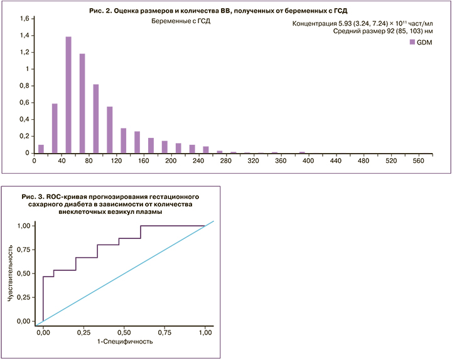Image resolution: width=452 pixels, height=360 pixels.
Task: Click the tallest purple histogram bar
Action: coord(68,94)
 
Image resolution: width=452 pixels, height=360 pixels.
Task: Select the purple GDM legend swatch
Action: coord(412,42)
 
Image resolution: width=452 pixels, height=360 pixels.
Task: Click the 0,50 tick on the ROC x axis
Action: coord(124,331)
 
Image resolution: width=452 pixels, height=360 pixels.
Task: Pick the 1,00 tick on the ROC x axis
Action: coord(205,331)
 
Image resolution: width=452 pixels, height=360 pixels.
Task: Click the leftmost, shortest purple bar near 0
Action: coord(41,149)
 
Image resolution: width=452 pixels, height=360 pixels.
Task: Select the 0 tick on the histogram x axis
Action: coord(34,161)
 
